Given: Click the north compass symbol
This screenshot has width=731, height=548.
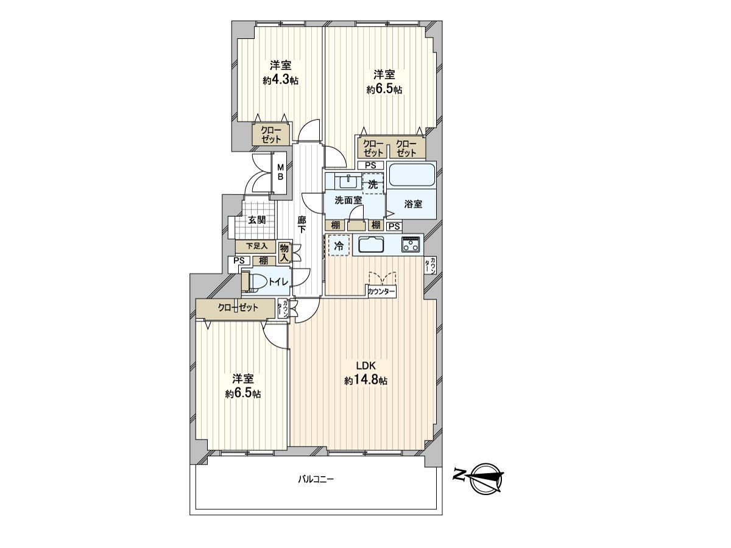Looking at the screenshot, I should pyautogui.click(x=485, y=476).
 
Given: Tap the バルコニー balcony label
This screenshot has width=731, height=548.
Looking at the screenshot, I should pyautogui.click(x=316, y=479).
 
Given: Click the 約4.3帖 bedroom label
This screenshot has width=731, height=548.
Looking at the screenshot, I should pyautogui.click(x=280, y=72).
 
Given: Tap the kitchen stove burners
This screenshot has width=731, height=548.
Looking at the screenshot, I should pyautogui.click(x=411, y=245).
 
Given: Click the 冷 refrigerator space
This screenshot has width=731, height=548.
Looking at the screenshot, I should pyautogui.click(x=339, y=245).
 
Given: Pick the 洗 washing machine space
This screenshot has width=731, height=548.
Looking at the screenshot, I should pyautogui.click(x=373, y=183).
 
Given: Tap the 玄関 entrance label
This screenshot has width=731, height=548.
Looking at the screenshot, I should pyautogui.click(x=256, y=220).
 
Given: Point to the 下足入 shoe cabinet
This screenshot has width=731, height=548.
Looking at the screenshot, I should pyautogui.click(x=256, y=247).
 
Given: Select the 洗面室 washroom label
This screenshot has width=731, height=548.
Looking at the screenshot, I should pyautogui.click(x=348, y=200).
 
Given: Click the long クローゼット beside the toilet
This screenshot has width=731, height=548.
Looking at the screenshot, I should pyautogui.click(x=238, y=308).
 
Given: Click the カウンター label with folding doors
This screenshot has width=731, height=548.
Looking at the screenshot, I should pyautogui.click(x=382, y=292).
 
